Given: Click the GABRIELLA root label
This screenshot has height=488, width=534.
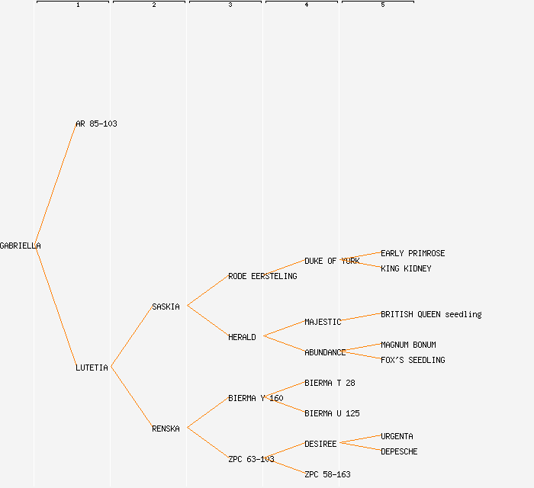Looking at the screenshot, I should point(20,246).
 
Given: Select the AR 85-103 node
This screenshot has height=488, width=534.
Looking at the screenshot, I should point(96,124).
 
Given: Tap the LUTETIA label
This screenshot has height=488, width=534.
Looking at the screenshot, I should point(92,368).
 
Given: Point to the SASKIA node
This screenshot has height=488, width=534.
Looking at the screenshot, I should point(166,307).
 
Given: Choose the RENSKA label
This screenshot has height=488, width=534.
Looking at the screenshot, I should point(166,429).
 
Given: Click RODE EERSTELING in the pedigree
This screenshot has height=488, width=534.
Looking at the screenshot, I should point(262,276).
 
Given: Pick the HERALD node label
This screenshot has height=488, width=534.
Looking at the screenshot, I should point(242,337).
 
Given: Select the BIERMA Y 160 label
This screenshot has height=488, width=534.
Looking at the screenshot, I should point(256,398).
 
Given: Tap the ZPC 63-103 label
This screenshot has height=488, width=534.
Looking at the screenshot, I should point(251,459).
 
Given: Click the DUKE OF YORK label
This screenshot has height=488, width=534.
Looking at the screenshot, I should point(332,261).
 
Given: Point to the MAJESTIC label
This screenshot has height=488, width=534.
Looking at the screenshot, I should point(323,322).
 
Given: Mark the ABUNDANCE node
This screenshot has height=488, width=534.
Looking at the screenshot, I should point(325,352).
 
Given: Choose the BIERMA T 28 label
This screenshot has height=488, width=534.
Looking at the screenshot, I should point(330,383).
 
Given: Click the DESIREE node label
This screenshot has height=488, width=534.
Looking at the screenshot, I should point(320,444).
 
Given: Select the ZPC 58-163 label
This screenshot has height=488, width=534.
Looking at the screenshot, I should point(327,474).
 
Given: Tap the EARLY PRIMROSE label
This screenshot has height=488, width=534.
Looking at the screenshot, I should point(413,253).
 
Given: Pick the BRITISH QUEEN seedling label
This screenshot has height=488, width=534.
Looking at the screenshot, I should point(431,314).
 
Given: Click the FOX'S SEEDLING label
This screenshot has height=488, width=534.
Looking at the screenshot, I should point(413,360).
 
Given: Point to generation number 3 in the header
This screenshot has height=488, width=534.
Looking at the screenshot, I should point(230,5).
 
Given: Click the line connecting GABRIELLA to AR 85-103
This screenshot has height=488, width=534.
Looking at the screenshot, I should point(55,185).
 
